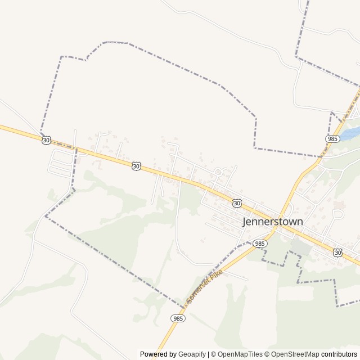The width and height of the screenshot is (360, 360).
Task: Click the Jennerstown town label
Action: point(272,222)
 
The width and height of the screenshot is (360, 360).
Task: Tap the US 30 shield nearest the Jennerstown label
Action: point(237,202)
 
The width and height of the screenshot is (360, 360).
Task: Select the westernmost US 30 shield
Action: point(46,139)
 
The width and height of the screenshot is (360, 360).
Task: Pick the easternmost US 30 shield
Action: point(337,253)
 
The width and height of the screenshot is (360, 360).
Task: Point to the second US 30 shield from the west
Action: point(136,166)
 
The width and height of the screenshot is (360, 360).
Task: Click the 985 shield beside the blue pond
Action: point(332,138)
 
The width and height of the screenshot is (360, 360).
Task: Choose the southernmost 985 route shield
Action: point(178,318)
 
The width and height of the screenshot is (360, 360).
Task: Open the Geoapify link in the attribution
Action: point(192,354)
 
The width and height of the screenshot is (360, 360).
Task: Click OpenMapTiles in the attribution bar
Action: point(240,354)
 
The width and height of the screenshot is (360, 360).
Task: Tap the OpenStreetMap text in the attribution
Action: point(294,354)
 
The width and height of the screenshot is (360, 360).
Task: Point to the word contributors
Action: point(339,354)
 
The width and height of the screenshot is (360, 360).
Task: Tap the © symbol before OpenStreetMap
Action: point(267,354)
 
